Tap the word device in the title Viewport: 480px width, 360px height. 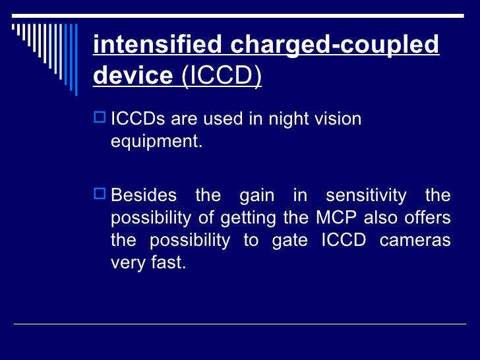133,76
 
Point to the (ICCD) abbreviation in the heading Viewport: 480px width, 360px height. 220,76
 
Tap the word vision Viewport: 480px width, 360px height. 338,119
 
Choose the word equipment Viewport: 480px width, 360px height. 156,142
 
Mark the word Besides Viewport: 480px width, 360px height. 144,196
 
